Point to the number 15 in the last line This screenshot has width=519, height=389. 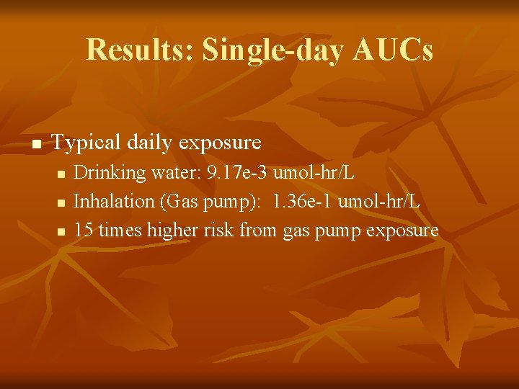84,231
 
